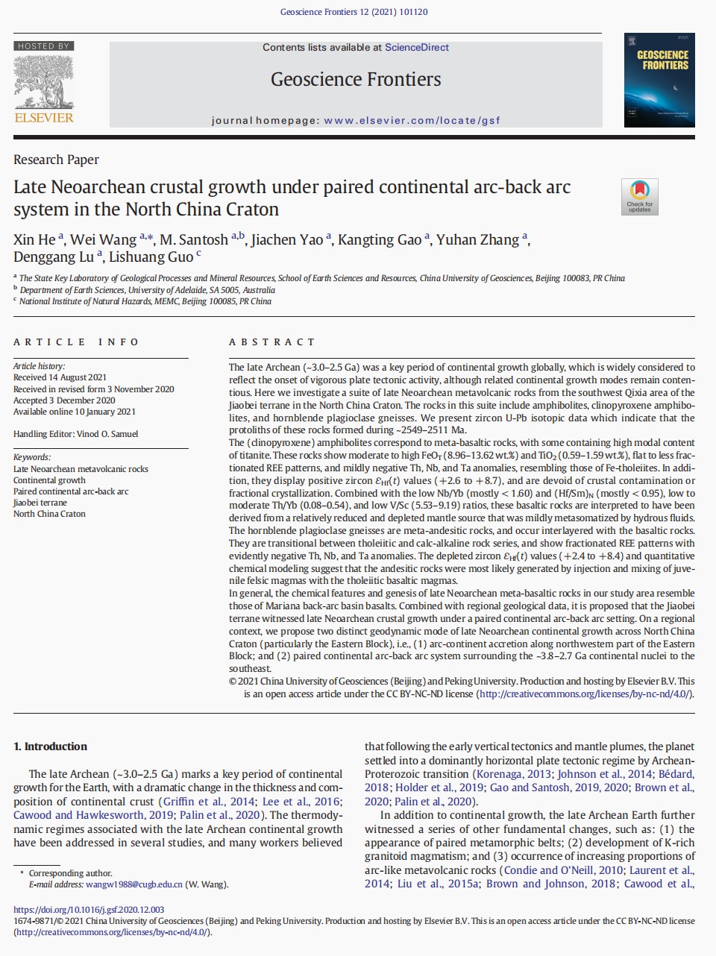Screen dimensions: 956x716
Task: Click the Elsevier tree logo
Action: [x=43, y=82]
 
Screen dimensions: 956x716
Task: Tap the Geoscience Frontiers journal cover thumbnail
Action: [x=659, y=80]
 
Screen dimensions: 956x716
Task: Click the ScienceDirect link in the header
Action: [x=416, y=47]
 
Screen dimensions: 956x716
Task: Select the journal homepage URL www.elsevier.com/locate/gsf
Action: [x=412, y=120]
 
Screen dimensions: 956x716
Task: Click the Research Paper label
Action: [x=56, y=160]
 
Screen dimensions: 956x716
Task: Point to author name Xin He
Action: [x=34, y=239]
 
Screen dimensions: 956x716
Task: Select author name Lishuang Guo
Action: [x=151, y=257]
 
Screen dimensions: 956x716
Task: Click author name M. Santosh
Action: [x=194, y=239]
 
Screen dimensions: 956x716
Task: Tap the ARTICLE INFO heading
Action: [x=76, y=342]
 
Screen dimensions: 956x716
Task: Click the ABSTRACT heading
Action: [x=271, y=342]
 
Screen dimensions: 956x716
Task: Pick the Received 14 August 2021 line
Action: [x=60, y=377]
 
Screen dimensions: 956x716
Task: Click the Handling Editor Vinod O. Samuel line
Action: [x=75, y=434]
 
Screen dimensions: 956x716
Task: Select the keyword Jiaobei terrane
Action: [x=40, y=503]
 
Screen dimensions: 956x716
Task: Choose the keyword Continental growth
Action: [x=49, y=480]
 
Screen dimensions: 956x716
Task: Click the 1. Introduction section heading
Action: [x=51, y=746]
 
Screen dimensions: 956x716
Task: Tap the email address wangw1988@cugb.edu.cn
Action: [x=134, y=884]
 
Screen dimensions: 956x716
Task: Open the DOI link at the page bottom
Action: [x=89, y=910]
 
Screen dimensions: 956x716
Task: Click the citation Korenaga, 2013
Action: [x=514, y=774]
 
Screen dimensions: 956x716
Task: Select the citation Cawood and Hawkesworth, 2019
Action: [x=93, y=815]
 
